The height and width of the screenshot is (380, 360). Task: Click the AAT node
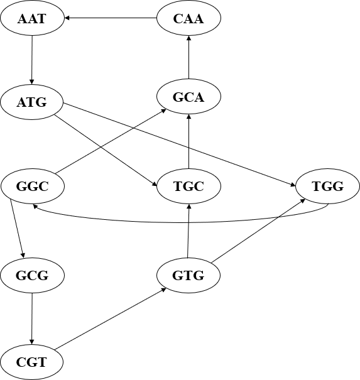click(32, 18)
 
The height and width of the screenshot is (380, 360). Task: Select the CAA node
click(188, 18)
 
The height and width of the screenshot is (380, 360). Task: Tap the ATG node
click(32, 102)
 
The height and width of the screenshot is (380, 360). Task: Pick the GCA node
click(188, 97)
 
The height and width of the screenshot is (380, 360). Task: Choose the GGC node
click(33, 186)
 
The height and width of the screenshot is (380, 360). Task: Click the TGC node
click(188, 186)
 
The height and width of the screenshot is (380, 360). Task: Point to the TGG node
click(327, 186)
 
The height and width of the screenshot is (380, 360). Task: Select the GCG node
click(32, 275)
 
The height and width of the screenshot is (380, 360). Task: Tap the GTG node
click(188, 275)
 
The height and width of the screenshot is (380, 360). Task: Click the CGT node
click(32, 362)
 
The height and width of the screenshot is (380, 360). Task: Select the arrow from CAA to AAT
click(111, 18)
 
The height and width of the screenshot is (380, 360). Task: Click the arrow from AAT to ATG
click(32, 60)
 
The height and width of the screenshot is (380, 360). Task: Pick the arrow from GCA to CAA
click(188, 57)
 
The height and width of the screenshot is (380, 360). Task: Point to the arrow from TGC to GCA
click(188, 141)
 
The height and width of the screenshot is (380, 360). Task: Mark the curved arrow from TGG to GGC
click(180, 222)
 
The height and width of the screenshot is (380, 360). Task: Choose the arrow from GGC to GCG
click(17, 229)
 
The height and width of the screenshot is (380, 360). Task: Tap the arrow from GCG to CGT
click(32, 318)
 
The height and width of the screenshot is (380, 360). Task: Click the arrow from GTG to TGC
click(188, 231)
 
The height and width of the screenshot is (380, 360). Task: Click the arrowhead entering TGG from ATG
click(293, 185)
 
